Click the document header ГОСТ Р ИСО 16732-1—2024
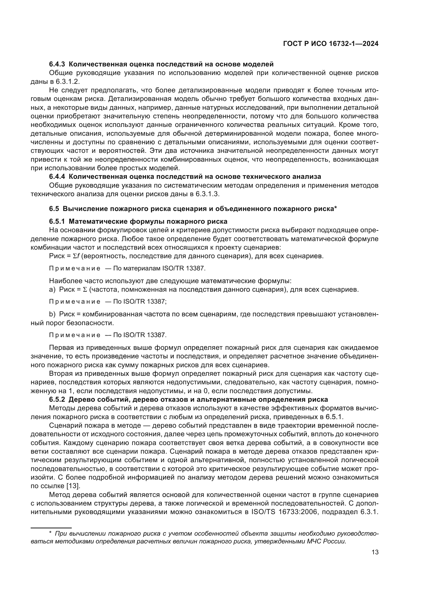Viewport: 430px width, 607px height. click(330, 44)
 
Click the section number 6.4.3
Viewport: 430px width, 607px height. click(57, 64)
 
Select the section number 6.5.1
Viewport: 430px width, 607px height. click(57, 221)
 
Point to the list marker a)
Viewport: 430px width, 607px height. click(52, 290)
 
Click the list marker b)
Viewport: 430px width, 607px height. click(52, 314)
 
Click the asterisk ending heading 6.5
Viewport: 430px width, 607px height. click(335, 208)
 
